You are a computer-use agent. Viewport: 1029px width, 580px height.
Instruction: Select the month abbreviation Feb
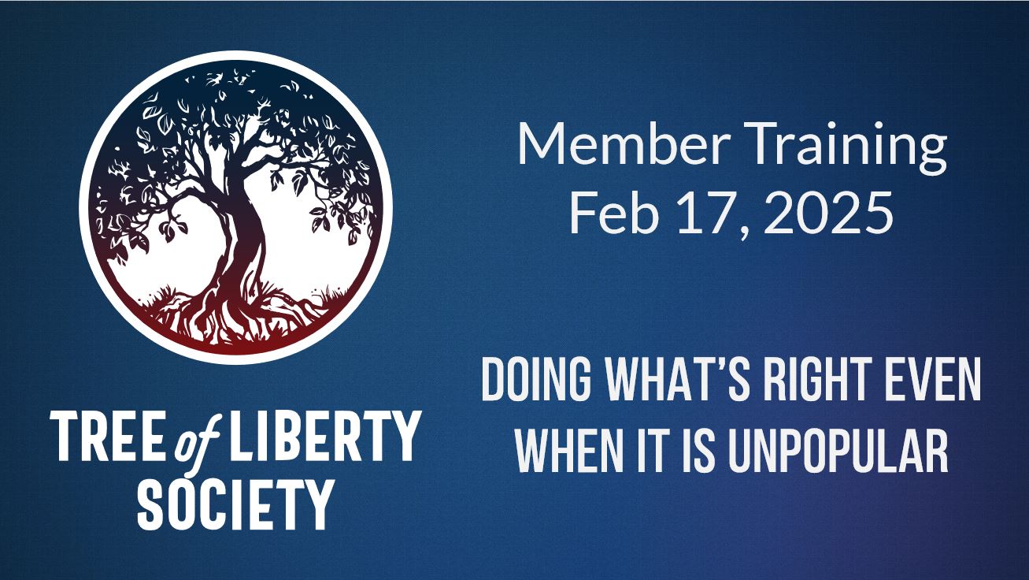coord(615,213)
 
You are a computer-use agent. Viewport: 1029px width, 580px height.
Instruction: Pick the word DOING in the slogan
coord(536,380)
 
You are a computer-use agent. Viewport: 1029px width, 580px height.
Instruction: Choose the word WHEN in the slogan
coord(568,451)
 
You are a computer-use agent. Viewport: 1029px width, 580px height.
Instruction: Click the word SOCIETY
coord(235,504)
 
